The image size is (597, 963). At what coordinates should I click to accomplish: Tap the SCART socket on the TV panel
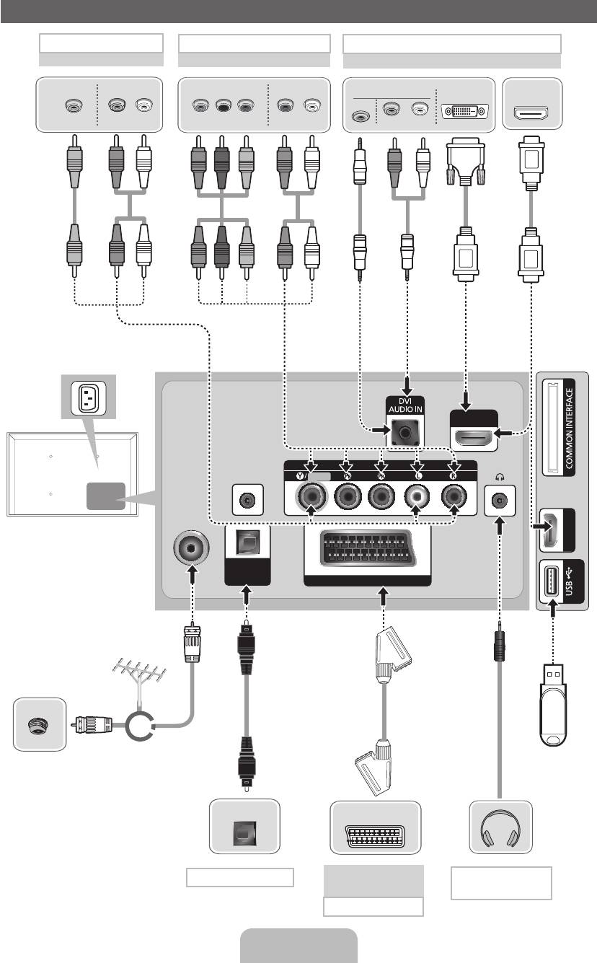[368, 553]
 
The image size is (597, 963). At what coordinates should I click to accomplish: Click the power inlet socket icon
[88, 397]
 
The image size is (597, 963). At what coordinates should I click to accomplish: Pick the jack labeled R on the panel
[454, 496]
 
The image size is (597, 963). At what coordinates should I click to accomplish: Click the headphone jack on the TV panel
[499, 499]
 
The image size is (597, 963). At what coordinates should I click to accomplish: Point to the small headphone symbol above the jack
[498, 476]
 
